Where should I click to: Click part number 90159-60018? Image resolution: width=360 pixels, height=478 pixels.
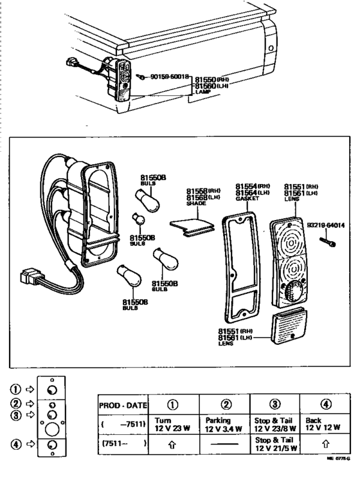tap(170, 77)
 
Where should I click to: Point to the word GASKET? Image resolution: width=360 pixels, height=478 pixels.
tap(246, 199)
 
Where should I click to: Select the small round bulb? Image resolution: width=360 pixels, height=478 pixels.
tap(137, 216)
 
